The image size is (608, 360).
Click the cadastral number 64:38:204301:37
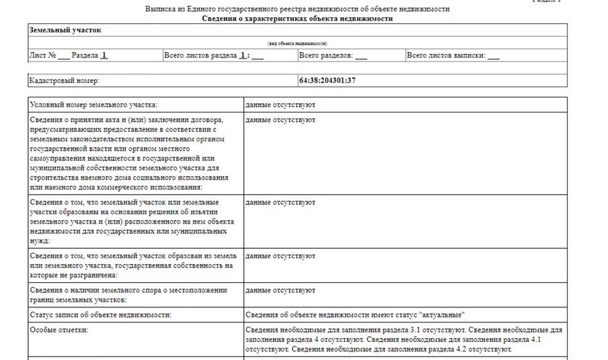pos(327,80)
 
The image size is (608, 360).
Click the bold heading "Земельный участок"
pos(65,30)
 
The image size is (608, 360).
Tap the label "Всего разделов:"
pos(325,56)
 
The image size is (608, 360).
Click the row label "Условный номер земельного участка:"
pos(93,105)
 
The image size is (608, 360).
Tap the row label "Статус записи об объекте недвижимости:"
pos(100,315)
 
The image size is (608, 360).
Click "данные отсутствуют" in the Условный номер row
pos(280,105)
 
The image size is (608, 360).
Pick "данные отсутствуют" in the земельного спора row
pos(280,291)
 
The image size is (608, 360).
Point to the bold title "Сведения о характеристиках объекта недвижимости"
pos(297,19)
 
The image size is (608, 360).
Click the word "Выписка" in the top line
pos(160,9)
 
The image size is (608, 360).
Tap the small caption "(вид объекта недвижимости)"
pos(297,43)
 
